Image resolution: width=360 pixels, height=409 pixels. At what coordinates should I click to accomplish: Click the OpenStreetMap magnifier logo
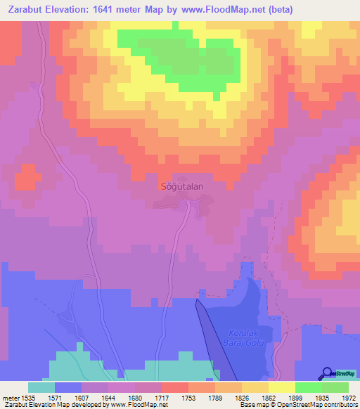(327, 372)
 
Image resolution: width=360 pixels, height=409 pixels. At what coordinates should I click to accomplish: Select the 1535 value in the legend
(27, 397)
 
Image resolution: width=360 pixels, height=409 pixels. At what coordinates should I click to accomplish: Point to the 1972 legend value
(349, 397)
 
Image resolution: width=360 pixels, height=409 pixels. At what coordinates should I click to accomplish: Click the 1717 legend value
(162, 397)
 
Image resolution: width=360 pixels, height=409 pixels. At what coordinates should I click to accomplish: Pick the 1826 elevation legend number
(242, 397)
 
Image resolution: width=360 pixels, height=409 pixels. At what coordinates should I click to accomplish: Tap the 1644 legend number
(108, 397)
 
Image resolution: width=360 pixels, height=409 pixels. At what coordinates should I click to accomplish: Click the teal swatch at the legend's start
(41, 387)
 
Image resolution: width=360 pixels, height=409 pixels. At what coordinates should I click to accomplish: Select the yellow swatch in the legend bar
(282, 387)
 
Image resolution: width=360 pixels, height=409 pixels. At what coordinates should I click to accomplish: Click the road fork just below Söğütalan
(187, 202)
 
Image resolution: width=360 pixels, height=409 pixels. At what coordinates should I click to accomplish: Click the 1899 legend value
(295, 397)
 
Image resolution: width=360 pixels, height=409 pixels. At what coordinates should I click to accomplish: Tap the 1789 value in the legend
(215, 397)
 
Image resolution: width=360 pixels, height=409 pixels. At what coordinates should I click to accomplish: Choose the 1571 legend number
(55, 397)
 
